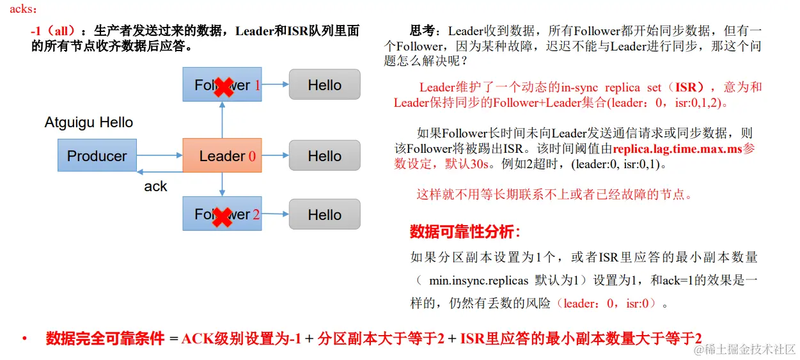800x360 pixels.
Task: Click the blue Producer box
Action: click(x=97, y=156)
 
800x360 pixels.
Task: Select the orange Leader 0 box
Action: click(x=222, y=156)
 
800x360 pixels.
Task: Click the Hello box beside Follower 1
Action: click(x=324, y=84)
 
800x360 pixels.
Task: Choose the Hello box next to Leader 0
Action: click(x=324, y=156)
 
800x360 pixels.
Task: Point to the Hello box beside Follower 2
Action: click(x=324, y=214)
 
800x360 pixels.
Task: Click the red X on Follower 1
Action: click(x=223, y=86)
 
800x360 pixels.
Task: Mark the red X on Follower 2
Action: click(x=221, y=216)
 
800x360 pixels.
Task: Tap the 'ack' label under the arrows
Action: click(x=155, y=187)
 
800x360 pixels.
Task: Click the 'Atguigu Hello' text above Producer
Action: click(x=89, y=123)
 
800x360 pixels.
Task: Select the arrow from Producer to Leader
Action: click(x=159, y=155)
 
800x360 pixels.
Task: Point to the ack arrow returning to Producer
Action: click(x=159, y=171)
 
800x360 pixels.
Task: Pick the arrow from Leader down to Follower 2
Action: click(x=222, y=184)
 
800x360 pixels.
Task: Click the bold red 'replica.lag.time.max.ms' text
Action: click(x=677, y=149)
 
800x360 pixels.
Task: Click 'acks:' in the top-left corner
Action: click(x=24, y=9)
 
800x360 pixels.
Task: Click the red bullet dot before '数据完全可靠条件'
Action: click(x=24, y=338)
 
